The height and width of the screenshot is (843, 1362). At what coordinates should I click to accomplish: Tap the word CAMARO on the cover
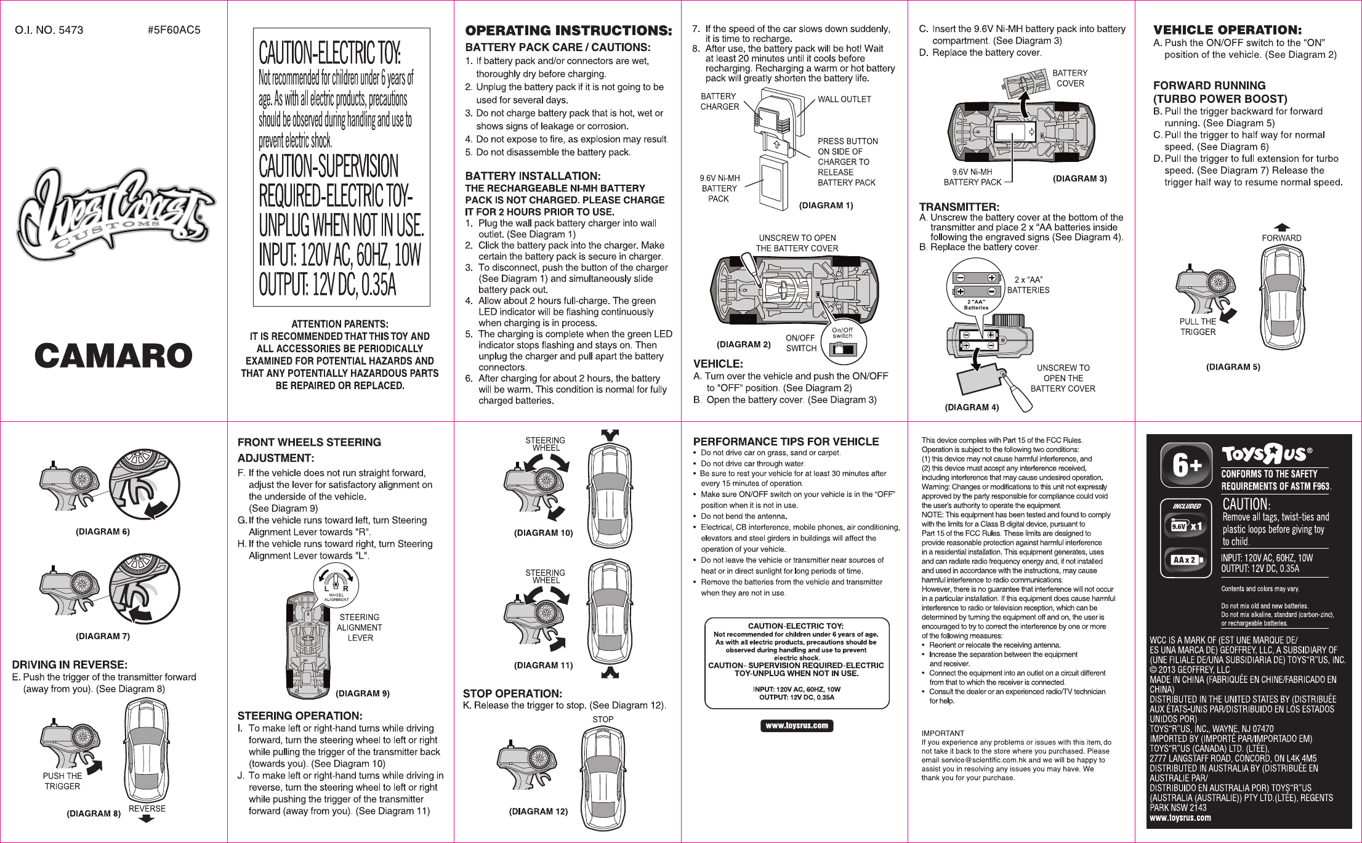point(114,356)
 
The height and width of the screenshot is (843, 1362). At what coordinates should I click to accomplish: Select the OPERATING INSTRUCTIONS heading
point(568,31)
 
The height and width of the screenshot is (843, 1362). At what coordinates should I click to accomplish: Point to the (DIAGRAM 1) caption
point(826,206)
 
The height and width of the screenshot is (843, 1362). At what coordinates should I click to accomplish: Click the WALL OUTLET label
point(844,99)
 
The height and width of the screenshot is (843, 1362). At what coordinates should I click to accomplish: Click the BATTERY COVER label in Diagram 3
point(1070,78)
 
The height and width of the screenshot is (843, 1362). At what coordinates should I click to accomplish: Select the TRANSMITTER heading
point(959,207)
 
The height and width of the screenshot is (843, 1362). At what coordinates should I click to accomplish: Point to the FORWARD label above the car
point(1281,238)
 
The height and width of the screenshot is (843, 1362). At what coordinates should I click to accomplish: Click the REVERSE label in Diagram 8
point(147,809)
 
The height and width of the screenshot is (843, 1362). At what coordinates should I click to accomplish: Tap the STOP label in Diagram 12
point(603,719)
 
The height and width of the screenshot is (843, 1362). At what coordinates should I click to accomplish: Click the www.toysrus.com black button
point(797,726)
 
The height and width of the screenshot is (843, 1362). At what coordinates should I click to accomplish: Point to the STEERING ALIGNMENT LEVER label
point(360,627)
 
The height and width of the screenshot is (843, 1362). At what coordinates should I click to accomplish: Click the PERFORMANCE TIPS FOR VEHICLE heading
point(786,442)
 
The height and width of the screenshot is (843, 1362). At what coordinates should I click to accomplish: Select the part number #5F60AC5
point(174,30)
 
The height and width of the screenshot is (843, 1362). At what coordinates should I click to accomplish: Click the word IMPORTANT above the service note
point(943,733)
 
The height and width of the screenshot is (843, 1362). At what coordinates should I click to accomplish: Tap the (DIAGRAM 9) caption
point(362,693)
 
